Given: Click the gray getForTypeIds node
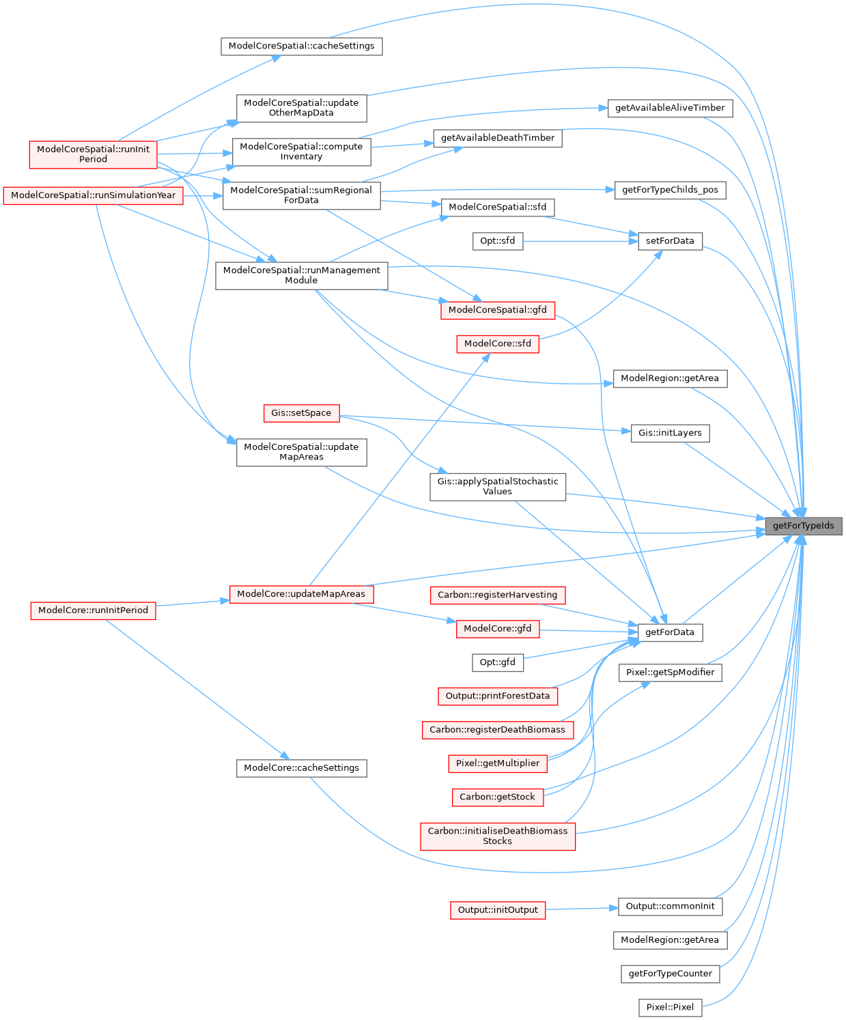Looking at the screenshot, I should point(803,526).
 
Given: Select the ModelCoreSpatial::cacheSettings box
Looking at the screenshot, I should point(301,46).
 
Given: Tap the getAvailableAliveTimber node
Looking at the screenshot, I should point(670,108).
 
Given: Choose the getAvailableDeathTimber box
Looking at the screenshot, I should point(497,138).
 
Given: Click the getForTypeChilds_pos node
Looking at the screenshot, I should point(670,190).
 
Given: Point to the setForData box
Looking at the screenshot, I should point(670,241).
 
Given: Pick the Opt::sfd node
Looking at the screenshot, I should point(497,241).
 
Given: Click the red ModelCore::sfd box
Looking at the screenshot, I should point(497,343).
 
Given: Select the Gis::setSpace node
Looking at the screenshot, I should point(301,413).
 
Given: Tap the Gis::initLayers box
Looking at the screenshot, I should point(670,433).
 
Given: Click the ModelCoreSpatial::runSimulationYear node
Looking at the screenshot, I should point(93,195).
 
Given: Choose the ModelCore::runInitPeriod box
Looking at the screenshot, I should point(93,610).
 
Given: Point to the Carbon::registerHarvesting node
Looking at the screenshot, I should point(497,595).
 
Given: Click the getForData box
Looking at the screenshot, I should point(670,632).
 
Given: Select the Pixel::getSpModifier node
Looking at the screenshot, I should point(670,672).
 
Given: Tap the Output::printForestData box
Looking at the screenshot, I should point(497,696).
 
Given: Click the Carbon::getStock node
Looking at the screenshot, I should point(497,797).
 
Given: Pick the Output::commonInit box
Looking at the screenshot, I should point(670,907).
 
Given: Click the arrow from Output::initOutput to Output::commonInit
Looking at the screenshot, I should point(581,909).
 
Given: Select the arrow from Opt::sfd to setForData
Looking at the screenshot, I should point(580,241).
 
